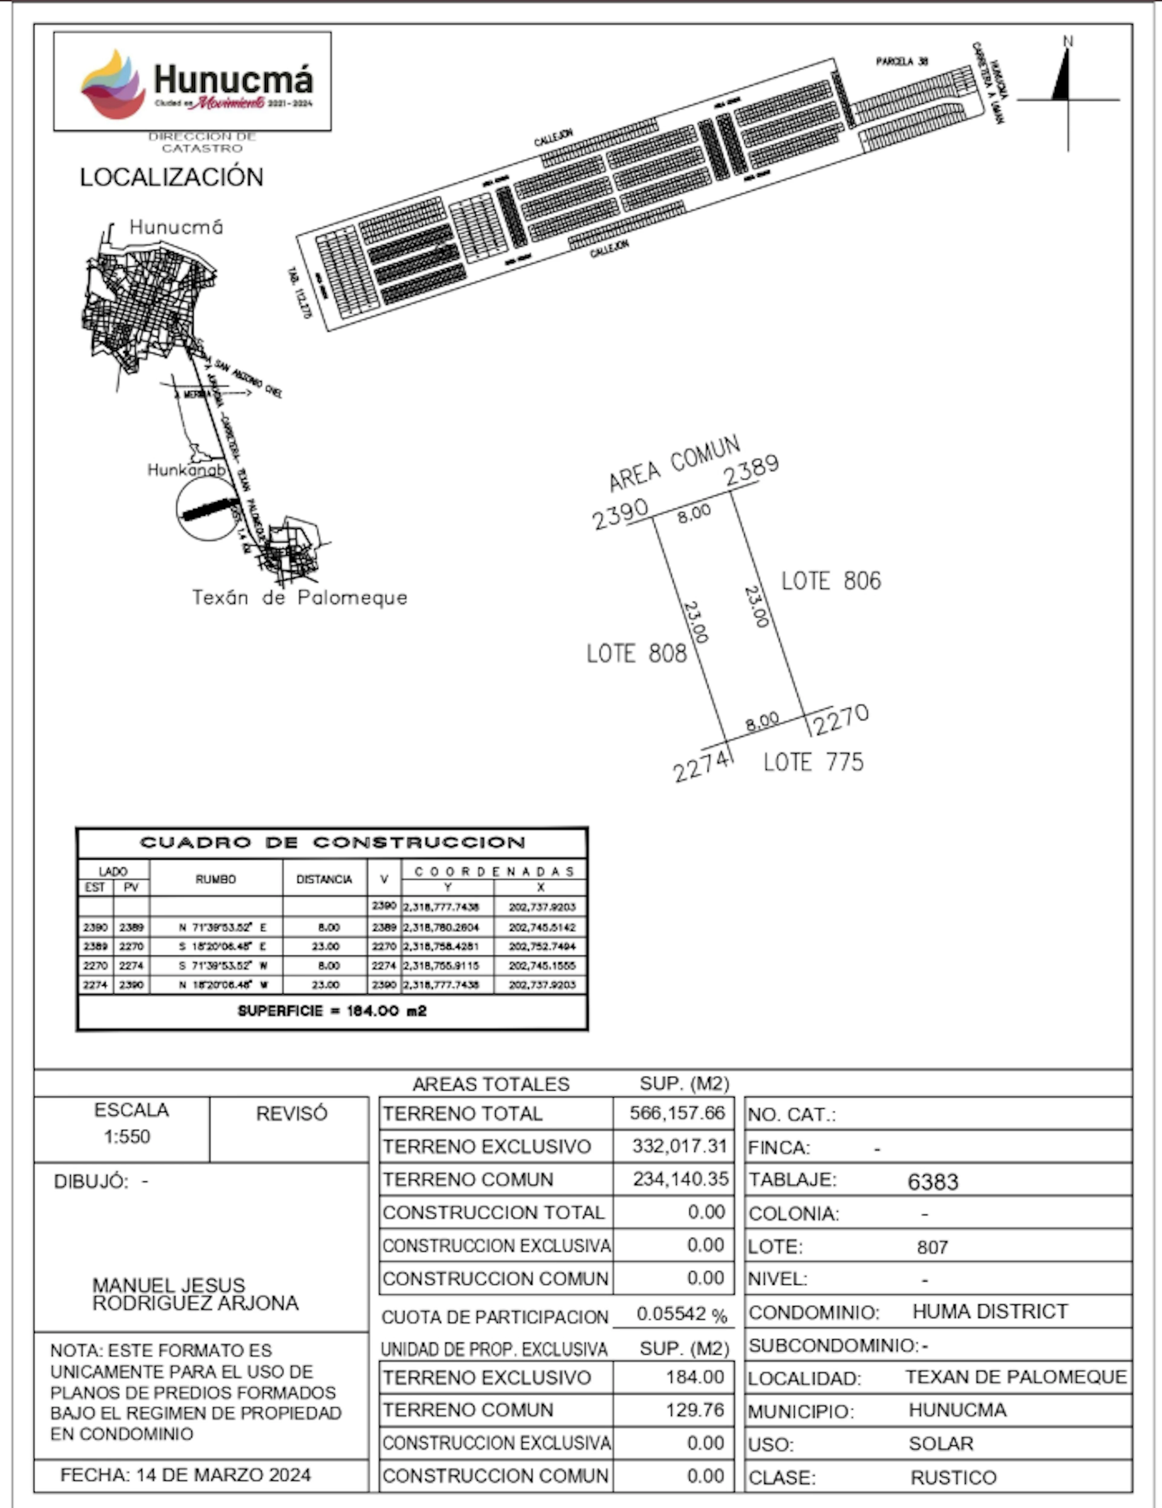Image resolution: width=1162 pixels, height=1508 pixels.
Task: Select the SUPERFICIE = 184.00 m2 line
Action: point(332,1011)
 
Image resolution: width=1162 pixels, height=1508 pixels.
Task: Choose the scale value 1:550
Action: point(127,1137)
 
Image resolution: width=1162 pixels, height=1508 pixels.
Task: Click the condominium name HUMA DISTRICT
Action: point(990,1311)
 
